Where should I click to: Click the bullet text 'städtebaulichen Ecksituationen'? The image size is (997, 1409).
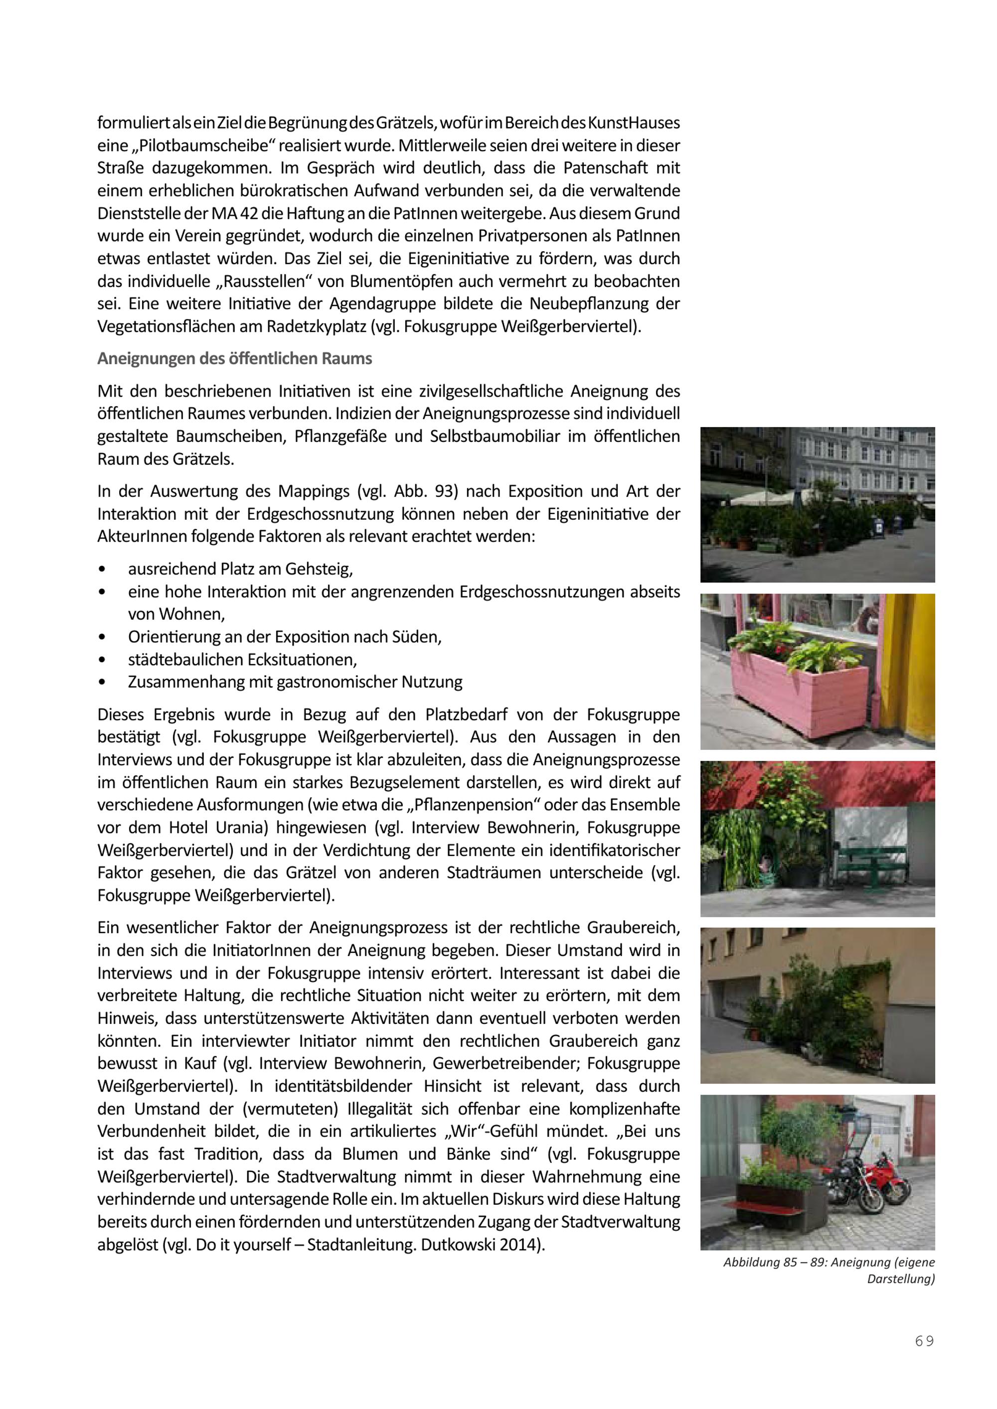[242, 660]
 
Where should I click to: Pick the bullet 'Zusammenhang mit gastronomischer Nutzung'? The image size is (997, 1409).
[295, 682]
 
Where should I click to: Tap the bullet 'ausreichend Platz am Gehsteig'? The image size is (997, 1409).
[240, 569]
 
